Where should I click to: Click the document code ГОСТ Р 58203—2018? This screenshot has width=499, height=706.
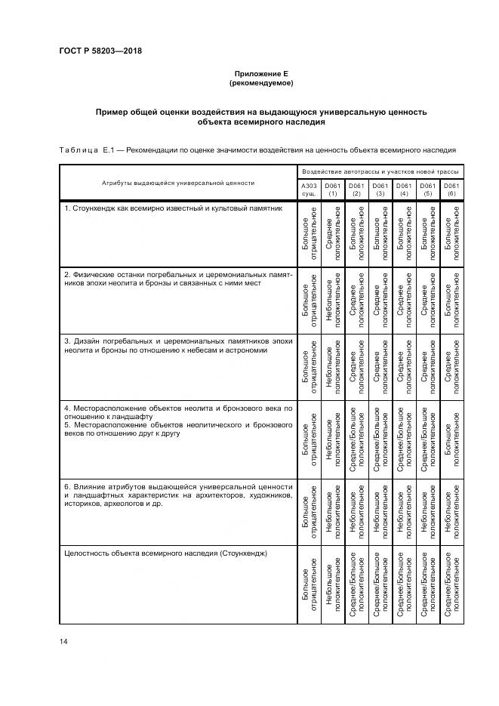[x=100, y=51]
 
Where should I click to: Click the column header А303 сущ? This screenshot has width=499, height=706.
[x=309, y=189]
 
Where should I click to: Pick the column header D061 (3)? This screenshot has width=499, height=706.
[x=380, y=189]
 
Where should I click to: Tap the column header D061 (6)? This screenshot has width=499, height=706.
[x=451, y=189]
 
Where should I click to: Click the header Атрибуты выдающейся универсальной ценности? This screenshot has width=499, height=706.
[x=178, y=183]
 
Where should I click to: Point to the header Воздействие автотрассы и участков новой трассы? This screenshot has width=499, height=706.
[x=380, y=172]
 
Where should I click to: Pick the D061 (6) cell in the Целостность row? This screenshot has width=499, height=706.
[x=451, y=585]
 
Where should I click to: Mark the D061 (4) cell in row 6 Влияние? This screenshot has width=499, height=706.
[x=404, y=511]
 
